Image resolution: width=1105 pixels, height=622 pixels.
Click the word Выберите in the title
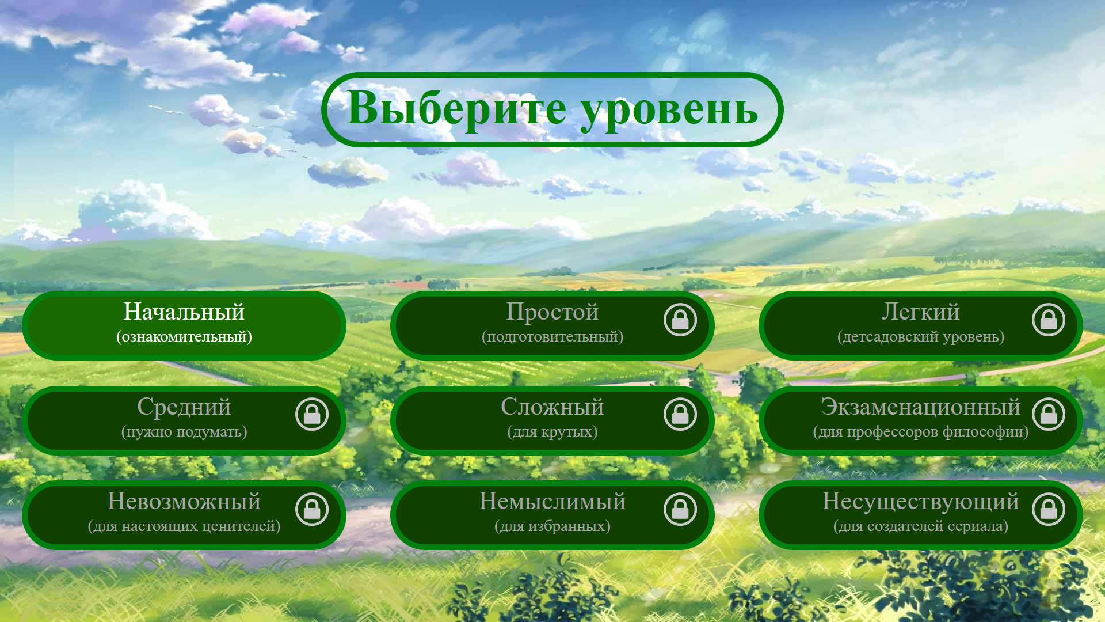[456, 108]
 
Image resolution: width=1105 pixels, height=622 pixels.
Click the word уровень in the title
[669, 109]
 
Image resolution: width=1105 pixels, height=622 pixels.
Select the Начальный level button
[184, 325]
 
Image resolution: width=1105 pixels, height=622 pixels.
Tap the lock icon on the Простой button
[680, 320]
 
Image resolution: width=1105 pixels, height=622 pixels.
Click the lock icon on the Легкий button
[1049, 320]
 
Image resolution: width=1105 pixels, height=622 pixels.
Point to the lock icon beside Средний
[312, 414]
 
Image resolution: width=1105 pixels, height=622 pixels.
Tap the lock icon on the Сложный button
[680, 414]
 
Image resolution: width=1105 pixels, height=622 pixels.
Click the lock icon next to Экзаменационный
[1049, 414]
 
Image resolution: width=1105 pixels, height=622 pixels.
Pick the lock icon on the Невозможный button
[312, 509]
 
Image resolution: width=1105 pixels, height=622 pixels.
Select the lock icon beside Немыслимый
[680, 509]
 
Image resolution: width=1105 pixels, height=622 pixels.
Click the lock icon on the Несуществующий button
[1049, 509]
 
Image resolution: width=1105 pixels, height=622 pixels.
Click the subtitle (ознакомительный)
[184, 337]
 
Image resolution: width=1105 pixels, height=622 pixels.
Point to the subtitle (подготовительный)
[552, 337]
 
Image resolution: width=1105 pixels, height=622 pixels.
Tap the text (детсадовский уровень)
[921, 337]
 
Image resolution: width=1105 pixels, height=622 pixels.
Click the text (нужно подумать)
[184, 432]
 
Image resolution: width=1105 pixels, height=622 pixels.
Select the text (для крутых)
[552, 432]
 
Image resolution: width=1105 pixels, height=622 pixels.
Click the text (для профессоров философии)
[921, 432]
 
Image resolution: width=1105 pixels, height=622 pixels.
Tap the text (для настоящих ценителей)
[184, 526]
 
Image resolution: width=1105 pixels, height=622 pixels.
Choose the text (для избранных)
[552, 526]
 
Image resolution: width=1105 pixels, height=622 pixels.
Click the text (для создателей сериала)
[921, 526]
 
